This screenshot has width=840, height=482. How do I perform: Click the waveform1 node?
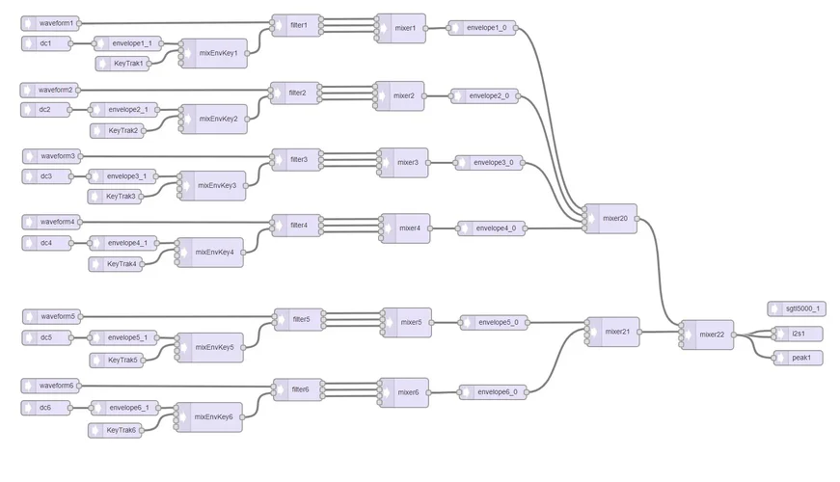(x=55, y=22)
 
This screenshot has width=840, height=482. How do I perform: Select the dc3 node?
(x=45, y=175)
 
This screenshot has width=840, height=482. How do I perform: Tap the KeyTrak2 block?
(x=121, y=130)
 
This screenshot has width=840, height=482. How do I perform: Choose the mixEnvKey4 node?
(x=213, y=253)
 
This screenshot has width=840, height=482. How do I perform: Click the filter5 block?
(x=301, y=318)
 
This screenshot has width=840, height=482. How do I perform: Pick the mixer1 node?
(x=404, y=28)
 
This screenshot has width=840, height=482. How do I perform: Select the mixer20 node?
(x=614, y=218)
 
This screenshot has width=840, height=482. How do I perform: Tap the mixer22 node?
(x=710, y=335)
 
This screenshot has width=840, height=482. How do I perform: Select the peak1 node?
(x=799, y=358)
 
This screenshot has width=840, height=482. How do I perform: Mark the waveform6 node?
(x=55, y=386)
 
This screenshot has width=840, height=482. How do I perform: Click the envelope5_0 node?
(x=495, y=322)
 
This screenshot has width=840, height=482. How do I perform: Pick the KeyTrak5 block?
(x=121, y=360)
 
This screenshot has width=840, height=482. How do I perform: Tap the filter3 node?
(x=298, y=159)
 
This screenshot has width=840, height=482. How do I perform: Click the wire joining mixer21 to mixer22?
(x=661, y=333)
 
